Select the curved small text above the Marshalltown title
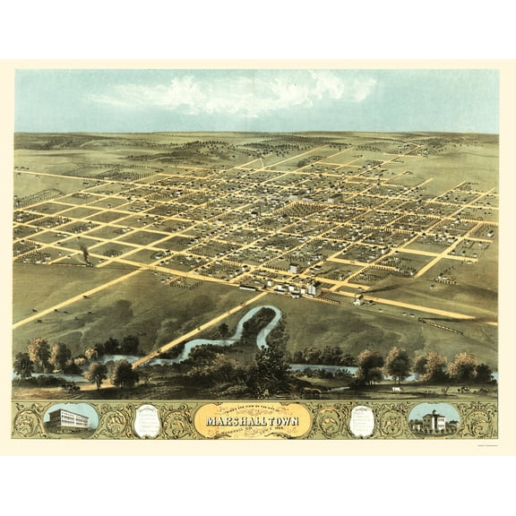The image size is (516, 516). tap(258, 408)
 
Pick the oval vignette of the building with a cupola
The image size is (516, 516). tap(434, 419)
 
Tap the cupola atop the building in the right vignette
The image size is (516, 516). tap(434, 413)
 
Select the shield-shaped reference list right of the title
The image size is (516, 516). tap(361, 418)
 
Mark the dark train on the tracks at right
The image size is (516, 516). tap(444, 327)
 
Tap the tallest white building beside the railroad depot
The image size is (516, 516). tap(313, 288)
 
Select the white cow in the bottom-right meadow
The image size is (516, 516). tap(393, 391)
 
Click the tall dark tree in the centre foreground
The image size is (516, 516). tap(269, 363)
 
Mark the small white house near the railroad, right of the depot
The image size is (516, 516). tap(358, 298)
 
